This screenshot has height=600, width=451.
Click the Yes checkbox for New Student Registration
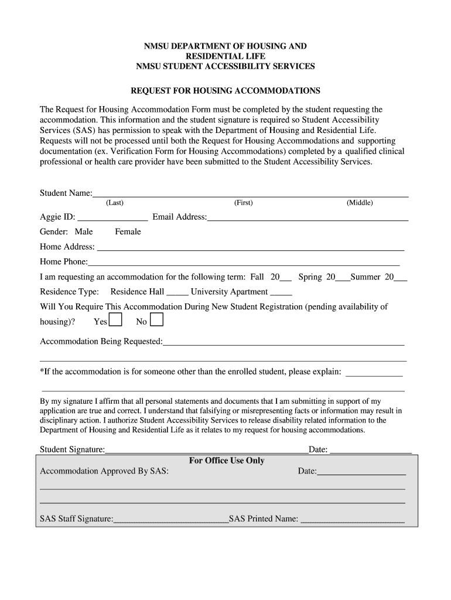[x=116, y=320]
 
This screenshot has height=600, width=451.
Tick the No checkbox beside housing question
[x=156, y=320]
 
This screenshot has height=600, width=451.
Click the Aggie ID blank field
[x=112, y=218]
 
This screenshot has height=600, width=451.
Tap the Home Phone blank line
[x=244, y=262]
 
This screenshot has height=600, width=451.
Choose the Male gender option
[x=84, y=231]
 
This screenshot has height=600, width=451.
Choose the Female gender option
[x=128, y=231]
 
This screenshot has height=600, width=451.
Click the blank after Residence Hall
[x=177, y=292]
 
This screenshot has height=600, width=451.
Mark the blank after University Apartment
[x=281, y=292]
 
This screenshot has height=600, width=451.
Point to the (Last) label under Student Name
[x=114, y=203]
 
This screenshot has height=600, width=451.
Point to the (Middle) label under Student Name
[x=360, y=203]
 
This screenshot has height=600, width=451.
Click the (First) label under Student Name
[x=243, y=203]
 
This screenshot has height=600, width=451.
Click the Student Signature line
[x=207, y=451]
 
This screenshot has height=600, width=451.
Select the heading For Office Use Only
[x=227, y=461]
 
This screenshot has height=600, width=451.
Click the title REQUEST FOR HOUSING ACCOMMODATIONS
[x=225, y=91]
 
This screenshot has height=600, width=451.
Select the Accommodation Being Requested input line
[x=283, y=342]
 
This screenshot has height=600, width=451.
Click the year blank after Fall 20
[x=286, y=278]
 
